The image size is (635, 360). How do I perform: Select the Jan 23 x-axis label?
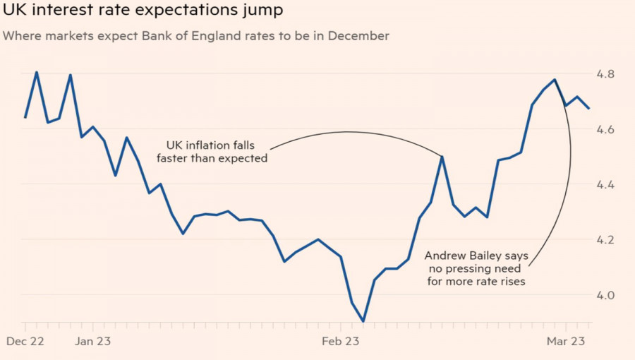(x=94, y=340)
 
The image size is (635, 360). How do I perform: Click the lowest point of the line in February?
(x=363, y=321)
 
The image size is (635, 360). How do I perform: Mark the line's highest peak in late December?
(x=37, y=72)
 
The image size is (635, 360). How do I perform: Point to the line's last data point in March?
(x=589, y=108)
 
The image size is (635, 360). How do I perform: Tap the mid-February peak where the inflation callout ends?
(x=442, y=157)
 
